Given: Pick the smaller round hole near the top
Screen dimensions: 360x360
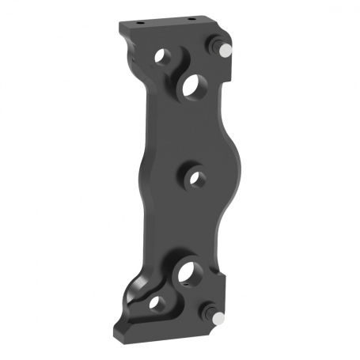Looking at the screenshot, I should [x=165, y=58].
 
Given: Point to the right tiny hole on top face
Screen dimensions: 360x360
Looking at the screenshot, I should [x=191, y=19].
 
